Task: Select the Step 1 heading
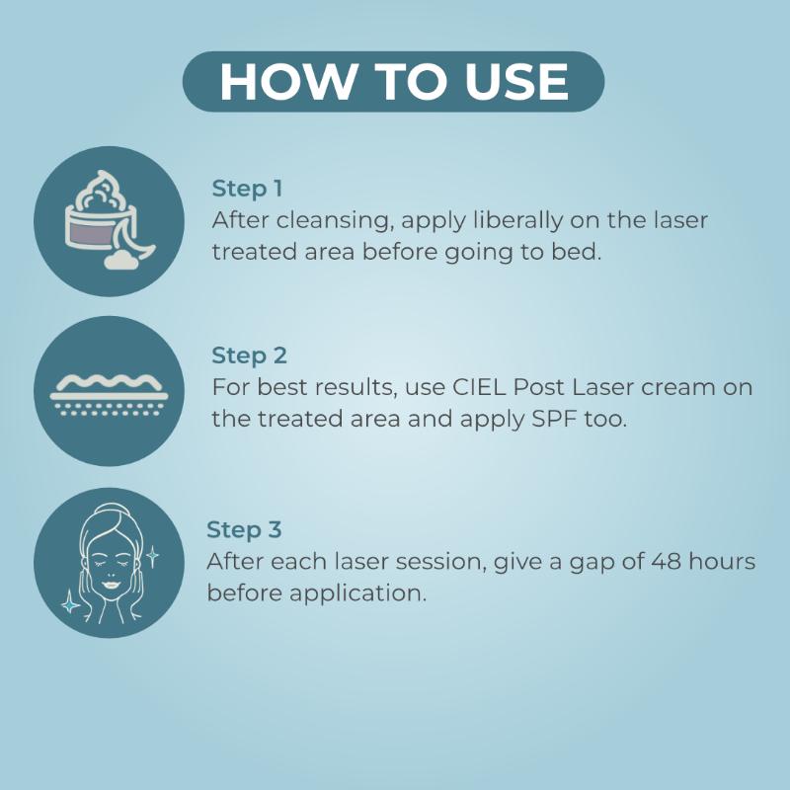[x=247, y=189]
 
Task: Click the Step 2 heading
[x=250, y=355]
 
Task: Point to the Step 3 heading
[x=244, y=529]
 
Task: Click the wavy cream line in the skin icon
[x=109, y=384]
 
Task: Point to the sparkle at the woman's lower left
[x=69, y=601]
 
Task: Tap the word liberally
[x=514, y=221]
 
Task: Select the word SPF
[x=555, y=419]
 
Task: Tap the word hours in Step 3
[x=722, y=561]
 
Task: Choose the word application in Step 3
[x=357, y=593]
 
